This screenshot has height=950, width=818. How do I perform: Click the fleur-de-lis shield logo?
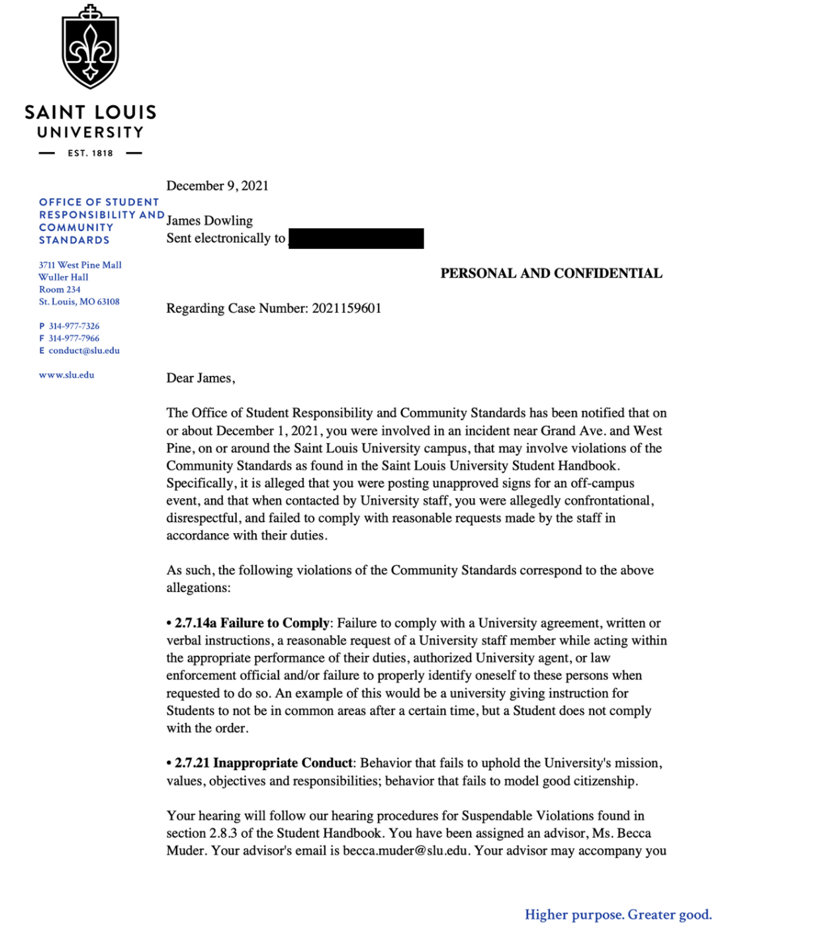click(x=90, y=48)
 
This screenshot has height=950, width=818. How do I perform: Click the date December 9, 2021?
click(x=217, y=186)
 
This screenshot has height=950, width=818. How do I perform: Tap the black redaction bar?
click(x=356, y=238)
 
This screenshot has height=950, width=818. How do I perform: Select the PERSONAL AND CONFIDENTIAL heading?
click(x=551, y=273)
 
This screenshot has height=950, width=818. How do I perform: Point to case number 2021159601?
click(x=346, y=308)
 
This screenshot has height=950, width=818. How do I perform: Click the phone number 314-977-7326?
click(x=74, y=326)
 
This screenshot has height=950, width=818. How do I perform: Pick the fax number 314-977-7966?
click(x=74, y=338)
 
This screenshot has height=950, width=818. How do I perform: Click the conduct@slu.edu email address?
click(x=84, y=351)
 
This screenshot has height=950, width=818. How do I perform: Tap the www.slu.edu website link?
click(x=67, y=375)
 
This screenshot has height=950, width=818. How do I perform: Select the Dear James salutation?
click(x=201, y=378)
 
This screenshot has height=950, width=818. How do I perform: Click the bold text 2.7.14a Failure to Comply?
click(x=251, y=623)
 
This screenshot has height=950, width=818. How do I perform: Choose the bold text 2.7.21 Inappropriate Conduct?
click(x=263, y=763)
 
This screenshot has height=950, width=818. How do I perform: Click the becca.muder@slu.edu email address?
click(x=406, y=851)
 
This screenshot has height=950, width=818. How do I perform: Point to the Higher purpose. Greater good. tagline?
click(x=618, y=915)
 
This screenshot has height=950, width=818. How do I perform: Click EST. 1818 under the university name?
click(x=90, y=153)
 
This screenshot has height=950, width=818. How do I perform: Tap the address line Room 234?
click(x=60, y=290)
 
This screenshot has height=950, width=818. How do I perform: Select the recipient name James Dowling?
click(x=209, y=221)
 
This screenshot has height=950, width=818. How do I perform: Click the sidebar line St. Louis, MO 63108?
click(x=79, y=302)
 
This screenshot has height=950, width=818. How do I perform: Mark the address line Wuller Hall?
click(x=64, y=277)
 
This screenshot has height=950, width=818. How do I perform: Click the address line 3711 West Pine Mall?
click(x=80, y=265)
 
